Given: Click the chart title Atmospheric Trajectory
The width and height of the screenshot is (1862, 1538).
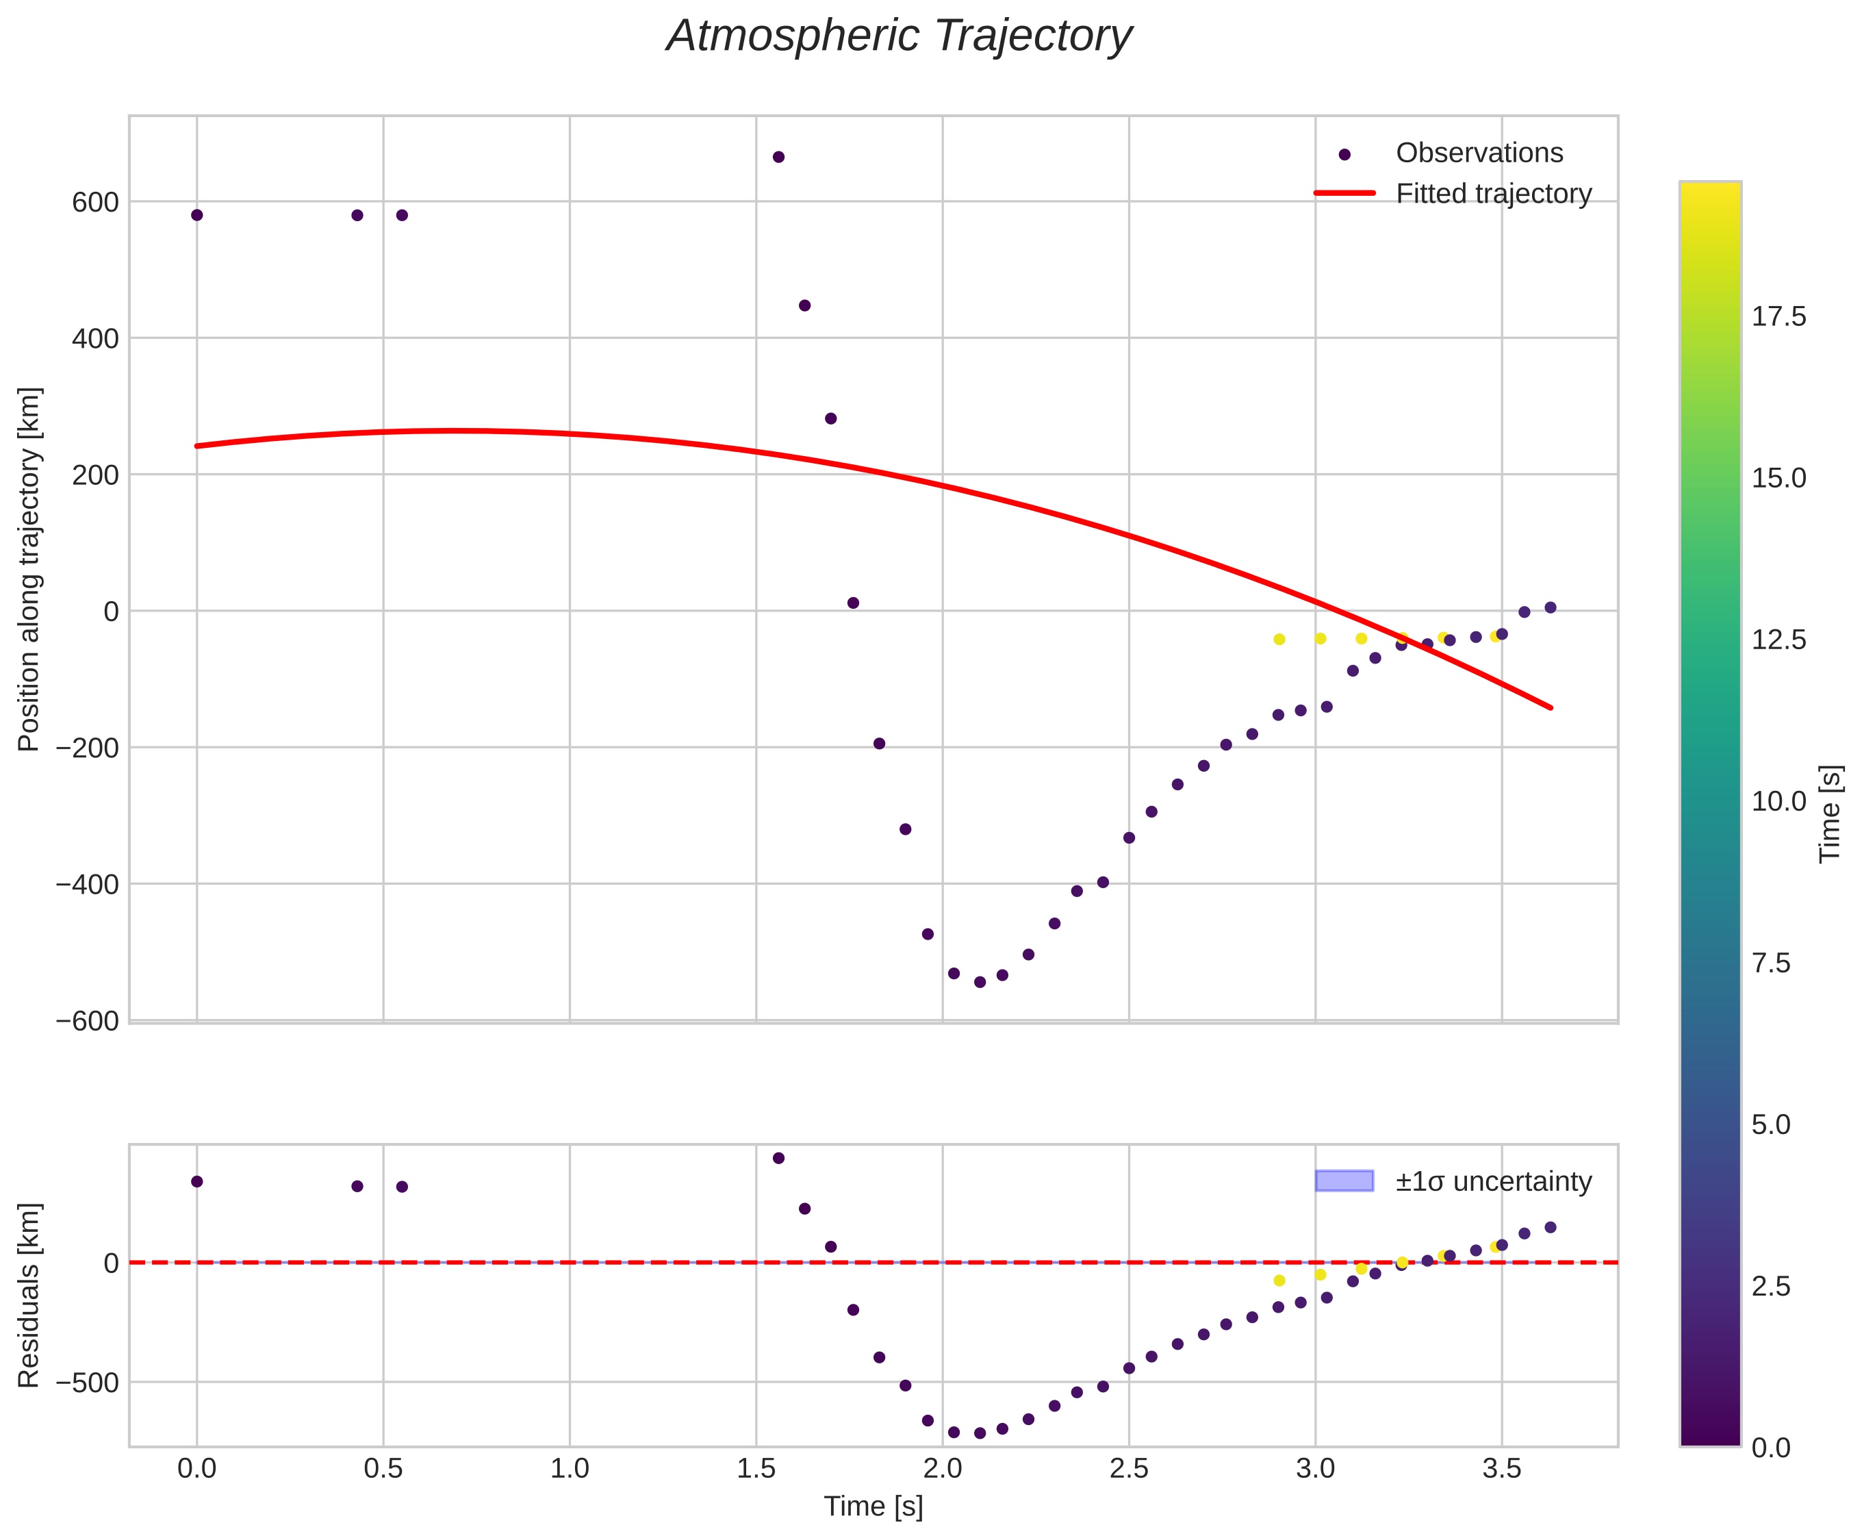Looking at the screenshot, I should tap(898, 37).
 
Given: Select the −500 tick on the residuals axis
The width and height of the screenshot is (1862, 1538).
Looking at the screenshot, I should tap(87, 1382).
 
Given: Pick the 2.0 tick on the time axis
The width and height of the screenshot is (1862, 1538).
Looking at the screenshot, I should tap(943, 1469).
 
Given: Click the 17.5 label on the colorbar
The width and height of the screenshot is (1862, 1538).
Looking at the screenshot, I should tap(1778, 317).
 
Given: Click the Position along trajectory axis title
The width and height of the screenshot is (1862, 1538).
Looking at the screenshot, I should tap(29, 569).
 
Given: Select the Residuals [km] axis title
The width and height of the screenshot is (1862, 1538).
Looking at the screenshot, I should tap(29, 1296).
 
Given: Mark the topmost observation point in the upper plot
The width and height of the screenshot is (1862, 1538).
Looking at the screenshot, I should tap(778, 157).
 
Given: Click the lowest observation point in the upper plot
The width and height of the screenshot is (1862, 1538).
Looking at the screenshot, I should tap(980, 982).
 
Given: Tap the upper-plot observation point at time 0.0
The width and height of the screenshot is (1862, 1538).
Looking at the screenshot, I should tap(196, 215).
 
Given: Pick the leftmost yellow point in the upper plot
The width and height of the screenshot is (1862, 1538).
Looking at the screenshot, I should tap(1278, 640).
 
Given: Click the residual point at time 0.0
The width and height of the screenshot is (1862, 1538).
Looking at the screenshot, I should tap(196, 1181).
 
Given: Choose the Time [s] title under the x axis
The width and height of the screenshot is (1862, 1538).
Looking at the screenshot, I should tap(873, 1506).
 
